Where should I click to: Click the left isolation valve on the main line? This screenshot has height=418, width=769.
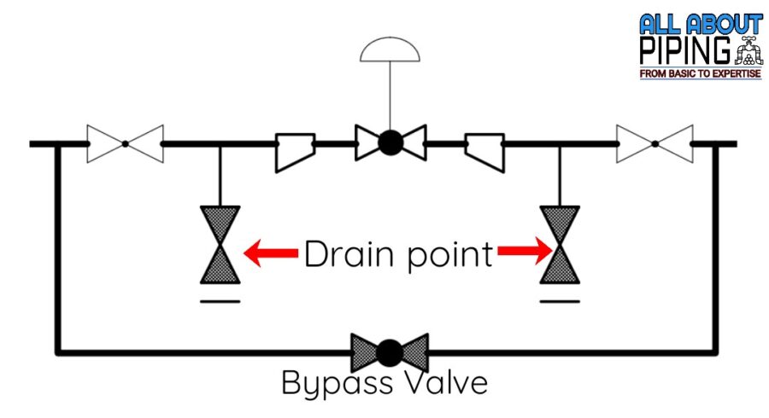(125, 143)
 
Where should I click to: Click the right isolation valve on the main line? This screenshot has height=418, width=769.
(655, 143)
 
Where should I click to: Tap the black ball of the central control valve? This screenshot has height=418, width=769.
(390, 142)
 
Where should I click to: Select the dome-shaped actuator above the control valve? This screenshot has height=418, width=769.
(390, 50)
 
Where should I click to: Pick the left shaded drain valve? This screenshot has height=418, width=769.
(220, 244)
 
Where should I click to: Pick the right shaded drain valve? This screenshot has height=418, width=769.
(560, 244)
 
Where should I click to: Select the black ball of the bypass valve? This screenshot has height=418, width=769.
(390, 351)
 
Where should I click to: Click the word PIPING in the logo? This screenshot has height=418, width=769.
(684, 50)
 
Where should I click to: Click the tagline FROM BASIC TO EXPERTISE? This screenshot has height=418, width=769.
(700, 75)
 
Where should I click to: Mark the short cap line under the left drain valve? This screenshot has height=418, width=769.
(220, 299)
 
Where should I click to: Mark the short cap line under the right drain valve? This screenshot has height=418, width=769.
(560, 299)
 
